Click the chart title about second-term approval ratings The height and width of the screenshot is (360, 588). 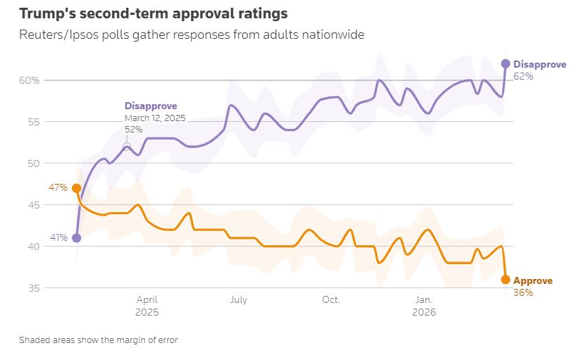(154, 13)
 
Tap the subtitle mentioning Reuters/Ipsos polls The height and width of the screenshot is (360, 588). (192, 35)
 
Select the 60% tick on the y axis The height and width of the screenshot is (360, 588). (29, 80)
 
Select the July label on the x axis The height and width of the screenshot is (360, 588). (238, 300)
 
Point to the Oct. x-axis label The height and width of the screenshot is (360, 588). (331, 300)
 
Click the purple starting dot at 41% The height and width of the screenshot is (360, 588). (76, 238)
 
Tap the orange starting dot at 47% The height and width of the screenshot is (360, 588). (76, 188)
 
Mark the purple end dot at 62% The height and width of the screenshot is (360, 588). (505, 63)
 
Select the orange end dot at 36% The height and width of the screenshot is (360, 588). (505, 280)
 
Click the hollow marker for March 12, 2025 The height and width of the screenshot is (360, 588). (127, 147)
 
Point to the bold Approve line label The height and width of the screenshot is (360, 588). (533, 280)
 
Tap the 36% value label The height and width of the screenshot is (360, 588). (523, 292)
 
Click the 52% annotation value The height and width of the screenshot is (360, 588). (134, 130)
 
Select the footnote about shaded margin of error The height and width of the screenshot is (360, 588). (99, 340)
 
